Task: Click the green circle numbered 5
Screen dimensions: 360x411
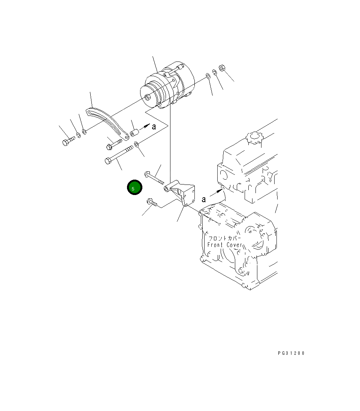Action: pyautogui.click(x=134, y=187)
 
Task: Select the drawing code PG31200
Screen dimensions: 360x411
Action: pyautogui.click(x=291, y=353)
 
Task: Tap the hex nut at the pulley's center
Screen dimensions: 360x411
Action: pyautogui.click(x=147, y=97)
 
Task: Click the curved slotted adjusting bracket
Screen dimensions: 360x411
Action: pyautogui.click(x=108, y=122)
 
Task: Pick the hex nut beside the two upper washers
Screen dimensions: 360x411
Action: pyautogui.click(x=222, y=68)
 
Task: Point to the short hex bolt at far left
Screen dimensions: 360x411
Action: pyautogui.click(x=68, y=141)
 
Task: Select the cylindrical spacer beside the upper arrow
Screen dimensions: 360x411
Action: pyautogui.click(x=134, y=132)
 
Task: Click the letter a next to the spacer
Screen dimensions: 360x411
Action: pyautogui.click(x=154, y=127)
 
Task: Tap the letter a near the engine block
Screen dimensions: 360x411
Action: pyautogui.click(x=204, y=199)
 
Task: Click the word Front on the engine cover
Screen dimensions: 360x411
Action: pyautogui.click(x=215, y=245)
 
